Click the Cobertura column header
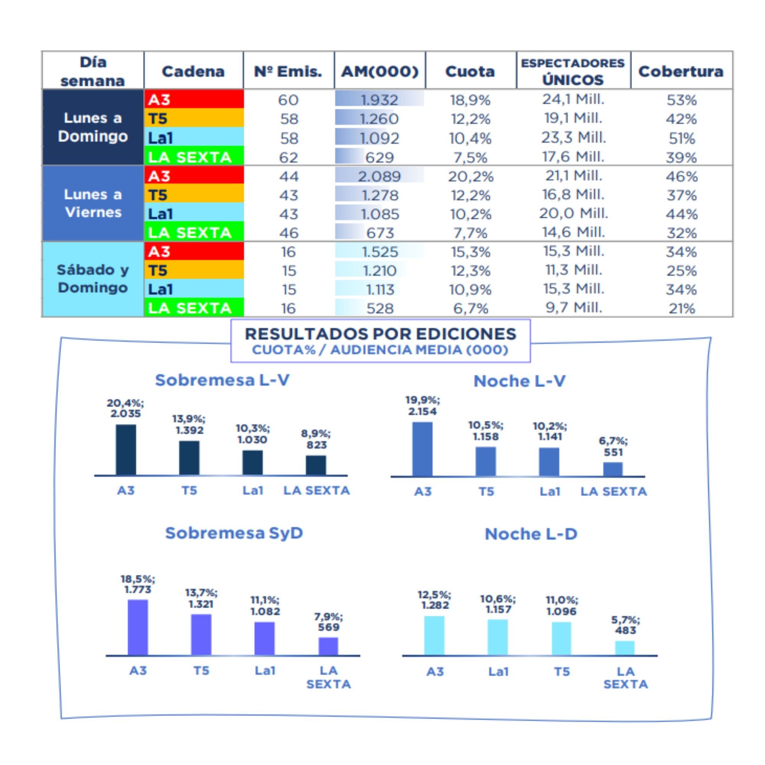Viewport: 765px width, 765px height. pyautogui.click(x=681, y=71)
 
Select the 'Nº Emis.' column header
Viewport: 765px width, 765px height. pyautogui.click(x=288, y=71)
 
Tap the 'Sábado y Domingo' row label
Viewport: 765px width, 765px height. pyautogui.click(x=93, y=279)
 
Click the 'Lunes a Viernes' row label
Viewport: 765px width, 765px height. pyautogui.click(x=93, y=203)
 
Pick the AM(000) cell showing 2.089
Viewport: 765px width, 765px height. pyautogui.click(x=379, y=176)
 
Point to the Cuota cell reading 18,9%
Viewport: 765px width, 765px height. pyautogui.click(x=470, y=100)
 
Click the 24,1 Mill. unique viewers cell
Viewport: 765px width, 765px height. pyautogui.click(x=573, y=99)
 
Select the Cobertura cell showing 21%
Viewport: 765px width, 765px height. pyautogui.click(x=682, y=308)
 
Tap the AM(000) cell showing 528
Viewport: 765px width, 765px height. pyautogui.click(x=379, y=308)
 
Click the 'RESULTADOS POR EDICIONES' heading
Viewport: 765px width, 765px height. pyautogui.click(x=380, y=334)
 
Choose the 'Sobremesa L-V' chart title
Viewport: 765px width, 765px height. pyautogui.click(x=222, y=380)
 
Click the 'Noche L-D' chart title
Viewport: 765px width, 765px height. pyautogui.click(x=531, y=534)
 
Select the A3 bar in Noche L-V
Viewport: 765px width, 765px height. pyautogui.click(x=423, y=449)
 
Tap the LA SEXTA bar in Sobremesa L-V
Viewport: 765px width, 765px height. pyautogui.click(x=316, y=465)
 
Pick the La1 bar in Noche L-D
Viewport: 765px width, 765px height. pyautogui.click(x=498, y=637)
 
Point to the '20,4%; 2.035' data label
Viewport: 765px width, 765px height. pyautogui.click(x=125, y=408)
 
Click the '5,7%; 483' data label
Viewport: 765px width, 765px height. pyautogui.click(x=625, y=625)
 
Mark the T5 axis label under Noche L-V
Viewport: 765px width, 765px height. pyautogui.click(x=486, y=492)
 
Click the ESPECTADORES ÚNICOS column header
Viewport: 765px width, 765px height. pyautogui.click(x=573, y=71)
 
